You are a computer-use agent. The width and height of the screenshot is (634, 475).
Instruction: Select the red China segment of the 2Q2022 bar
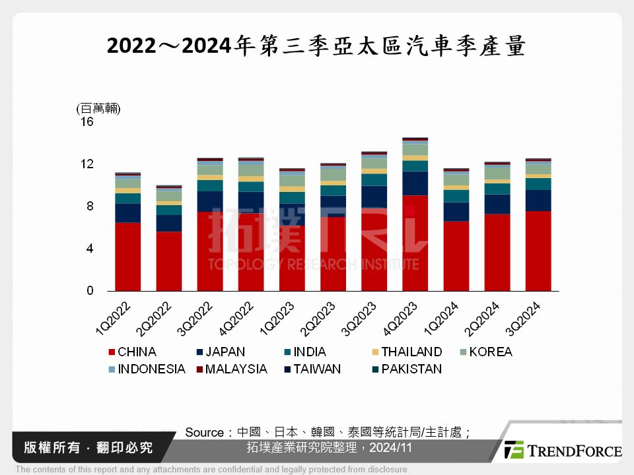[169, 261]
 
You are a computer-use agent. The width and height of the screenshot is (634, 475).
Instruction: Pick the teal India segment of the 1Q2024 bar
[456, 196]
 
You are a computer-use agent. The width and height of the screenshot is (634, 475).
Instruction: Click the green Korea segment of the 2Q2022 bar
[169, 195]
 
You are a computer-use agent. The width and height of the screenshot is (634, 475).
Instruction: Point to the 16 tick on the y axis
[87, 122]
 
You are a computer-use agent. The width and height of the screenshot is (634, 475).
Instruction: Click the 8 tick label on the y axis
[90, 206]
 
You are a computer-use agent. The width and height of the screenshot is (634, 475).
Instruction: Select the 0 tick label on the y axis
[90, 291]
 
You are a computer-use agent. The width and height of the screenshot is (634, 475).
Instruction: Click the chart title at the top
[316, 46]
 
